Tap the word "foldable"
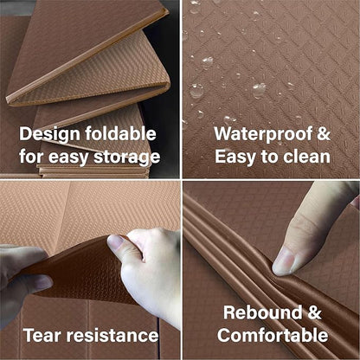point(120,133)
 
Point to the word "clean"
point(306,157)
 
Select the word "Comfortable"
point(273,335)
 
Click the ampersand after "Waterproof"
point(324,133)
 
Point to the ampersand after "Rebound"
point(314,312)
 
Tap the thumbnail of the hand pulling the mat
point(115,241)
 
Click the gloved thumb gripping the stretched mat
point(28,284)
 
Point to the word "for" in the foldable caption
point(31,157)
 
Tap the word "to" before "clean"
point(269,157)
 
